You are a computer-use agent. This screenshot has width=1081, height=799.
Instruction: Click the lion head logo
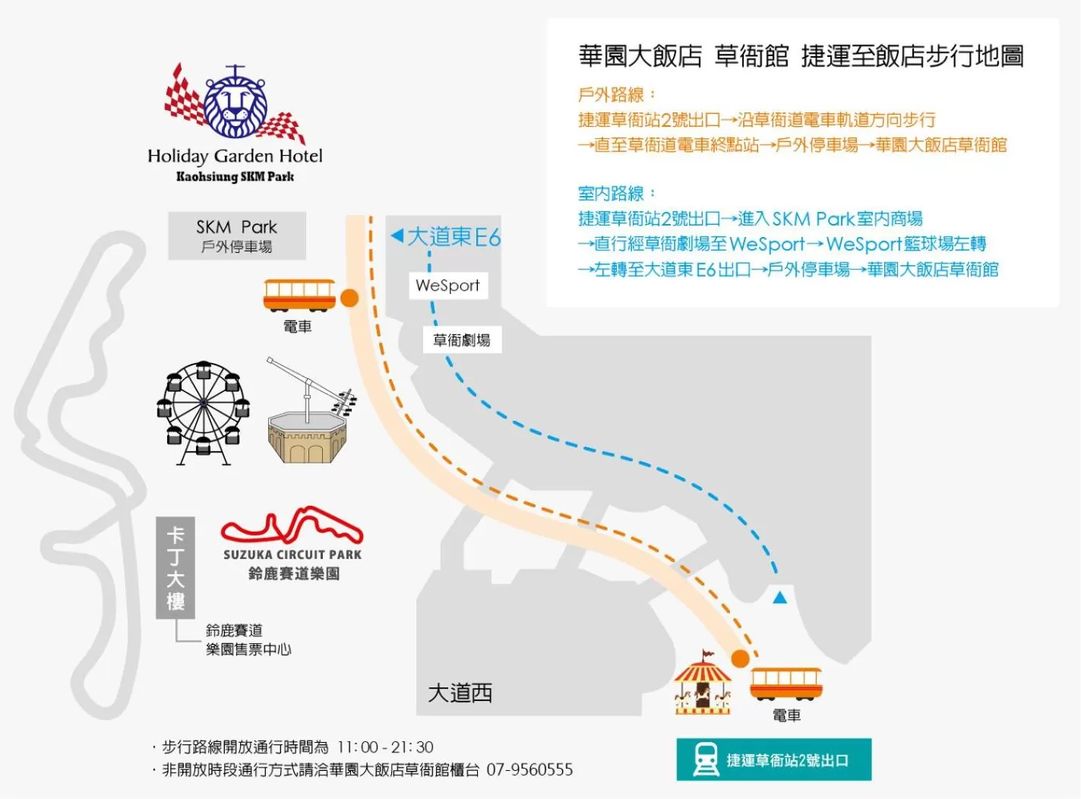pyautogui.click(x=235, y=104)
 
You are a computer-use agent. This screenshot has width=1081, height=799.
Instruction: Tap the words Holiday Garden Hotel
pyautogui.click(x=235, y=156)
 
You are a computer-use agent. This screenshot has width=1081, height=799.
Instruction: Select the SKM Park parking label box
pyautogui.click(x=237, y=236)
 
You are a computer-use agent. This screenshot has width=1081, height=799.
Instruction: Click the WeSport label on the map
pyautogui.click(x=447, y=286)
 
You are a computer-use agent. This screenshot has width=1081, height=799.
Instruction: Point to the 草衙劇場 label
pyautogui.click(x=461, y=340)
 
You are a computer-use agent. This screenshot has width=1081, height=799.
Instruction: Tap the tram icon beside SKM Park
pyautogui.click(x=299, y=295)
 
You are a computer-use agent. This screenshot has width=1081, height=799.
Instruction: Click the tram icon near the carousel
pyautogui.click(x=785, y=684)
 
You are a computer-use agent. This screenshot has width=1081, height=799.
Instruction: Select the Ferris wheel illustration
pyautogui.click(x=203, y=412)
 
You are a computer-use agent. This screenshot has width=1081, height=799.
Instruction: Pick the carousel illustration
pyautogui.click(x=703, y=684)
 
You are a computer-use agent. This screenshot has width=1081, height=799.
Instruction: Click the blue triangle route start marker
pyautogui.click(x=779, y=597)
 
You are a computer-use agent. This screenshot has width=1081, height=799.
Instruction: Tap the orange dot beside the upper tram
pyautogui.click(x=349, y=298)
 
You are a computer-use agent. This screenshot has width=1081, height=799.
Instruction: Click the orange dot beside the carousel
pyautogui.click(x=740, y=658)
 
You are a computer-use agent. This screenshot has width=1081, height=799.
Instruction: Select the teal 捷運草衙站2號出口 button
pyautogui.click(x=773, y=760)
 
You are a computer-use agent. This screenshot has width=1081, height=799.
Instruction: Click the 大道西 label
pyautogui.click(x=460, y=693)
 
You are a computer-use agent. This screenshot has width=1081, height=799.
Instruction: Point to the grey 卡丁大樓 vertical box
pyautogui.click(x=175, y=568)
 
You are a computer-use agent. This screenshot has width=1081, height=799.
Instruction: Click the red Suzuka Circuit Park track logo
pyautogui.click(x=292, y=526)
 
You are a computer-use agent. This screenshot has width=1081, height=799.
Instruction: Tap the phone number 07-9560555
pyautogui.click(x=529, y=770)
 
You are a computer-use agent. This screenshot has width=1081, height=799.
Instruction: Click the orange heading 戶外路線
pyautogui.click(x=612, y=95)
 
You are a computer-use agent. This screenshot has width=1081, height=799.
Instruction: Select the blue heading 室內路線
pyautogui.click(x=612, y=194)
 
